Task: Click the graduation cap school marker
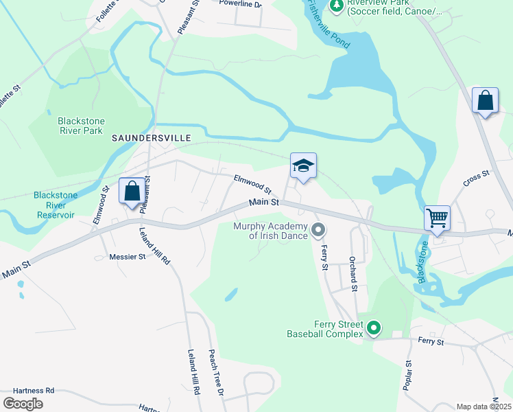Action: tap(303, 166)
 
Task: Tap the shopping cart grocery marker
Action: tap(437, 218)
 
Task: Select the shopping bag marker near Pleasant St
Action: tap(132, 191)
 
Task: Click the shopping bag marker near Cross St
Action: tap(486, 101)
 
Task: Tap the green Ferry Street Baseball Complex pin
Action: tap(373, 330)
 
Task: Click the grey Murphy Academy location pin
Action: tap(318, 230)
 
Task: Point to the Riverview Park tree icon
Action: tap(336, 6)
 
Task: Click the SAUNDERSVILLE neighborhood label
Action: tap(152, 138)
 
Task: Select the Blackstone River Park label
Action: tap(80, 126)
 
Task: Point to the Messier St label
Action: tap(128, 257)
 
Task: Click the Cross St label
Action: tap(476, 179)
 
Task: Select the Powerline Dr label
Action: tap(241, 4)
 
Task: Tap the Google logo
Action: tap(23, 404)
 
